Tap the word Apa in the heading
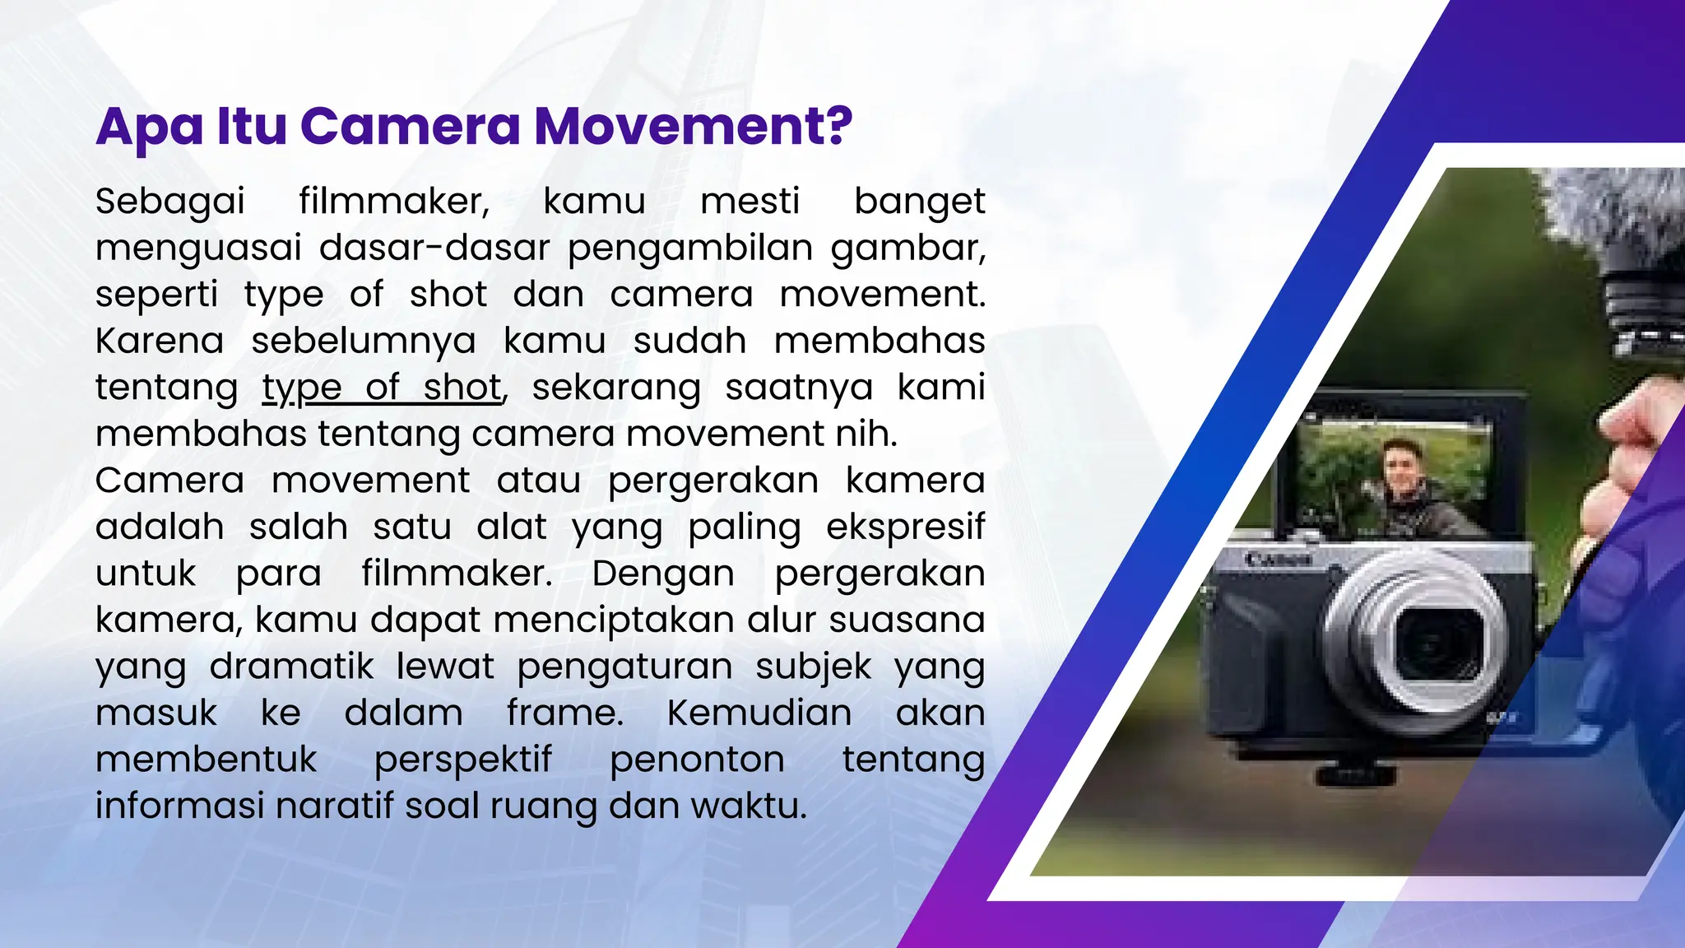tap(149, 128)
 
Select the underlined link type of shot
tap(383, 388)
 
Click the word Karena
tap(160, 341)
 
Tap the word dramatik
tap(292, 667)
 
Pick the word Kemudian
tap(759, 713)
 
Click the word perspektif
tap(463, 760)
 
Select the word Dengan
tap(663, 574)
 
